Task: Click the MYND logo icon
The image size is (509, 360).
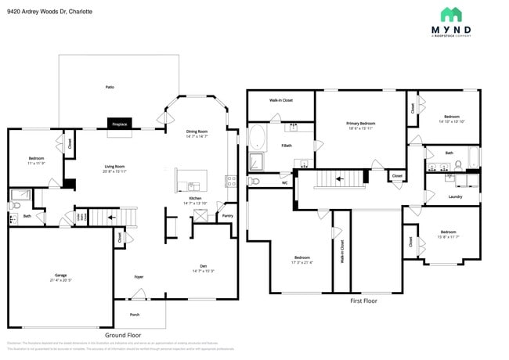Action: (451, 14)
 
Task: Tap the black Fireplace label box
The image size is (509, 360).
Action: (120, 124)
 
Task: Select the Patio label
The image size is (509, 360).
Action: (110, 87)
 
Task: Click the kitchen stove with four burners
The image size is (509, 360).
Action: (230, 181)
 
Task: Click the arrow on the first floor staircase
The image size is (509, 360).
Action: (338, 178)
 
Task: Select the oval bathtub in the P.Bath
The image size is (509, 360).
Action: (257, 139)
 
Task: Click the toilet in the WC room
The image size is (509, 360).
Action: (253, 182)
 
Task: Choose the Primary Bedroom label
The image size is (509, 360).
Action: (361, 123)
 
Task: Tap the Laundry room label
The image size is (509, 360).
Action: (455, 196)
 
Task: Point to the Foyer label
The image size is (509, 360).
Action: (139, 276)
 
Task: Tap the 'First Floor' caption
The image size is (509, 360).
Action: (363, 301)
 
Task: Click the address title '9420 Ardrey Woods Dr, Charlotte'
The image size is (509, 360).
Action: (49, 12)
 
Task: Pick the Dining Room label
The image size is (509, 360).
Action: (197, 131)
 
